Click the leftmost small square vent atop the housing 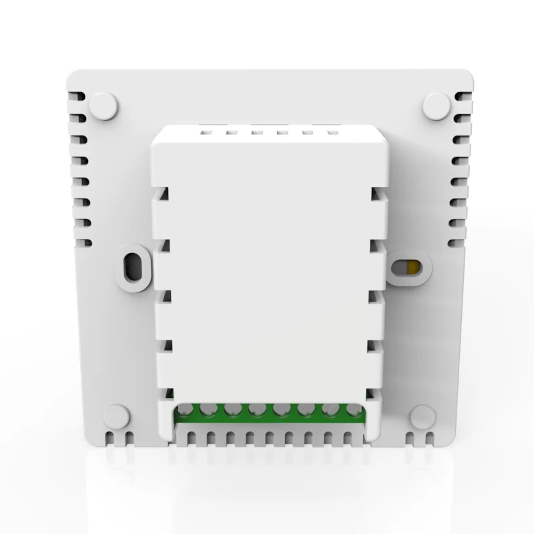(x=204, y=132)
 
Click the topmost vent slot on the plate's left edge (x=77, y=100)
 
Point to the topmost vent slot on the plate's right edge (x=462, y=100)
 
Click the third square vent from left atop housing (x=256, y=132)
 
